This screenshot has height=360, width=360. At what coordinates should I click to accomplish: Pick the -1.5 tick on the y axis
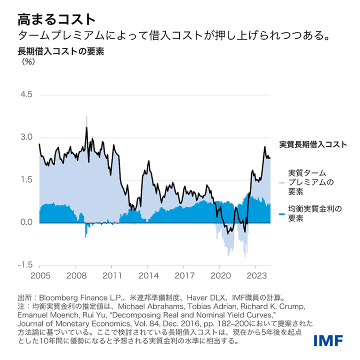[25, 265]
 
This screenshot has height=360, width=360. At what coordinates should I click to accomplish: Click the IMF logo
[328, 340]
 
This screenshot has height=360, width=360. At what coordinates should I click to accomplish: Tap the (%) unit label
[27, 62]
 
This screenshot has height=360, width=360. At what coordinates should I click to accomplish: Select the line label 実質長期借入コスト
[312, 145]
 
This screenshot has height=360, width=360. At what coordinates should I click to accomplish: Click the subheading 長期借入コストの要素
[60, 51]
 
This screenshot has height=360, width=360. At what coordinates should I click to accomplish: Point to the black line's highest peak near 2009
[86, 127]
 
